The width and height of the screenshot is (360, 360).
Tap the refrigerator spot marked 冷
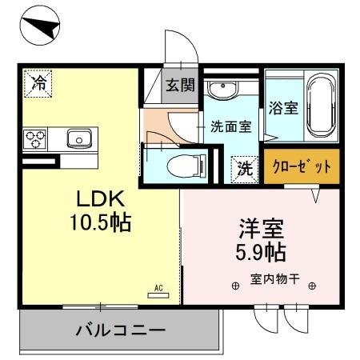pos(37,82)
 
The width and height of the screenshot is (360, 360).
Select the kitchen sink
pos(79,139)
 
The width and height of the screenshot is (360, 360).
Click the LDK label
pos(99,198)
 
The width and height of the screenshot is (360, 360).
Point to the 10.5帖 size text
pos(100,221)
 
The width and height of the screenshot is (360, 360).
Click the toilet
pos(180,166)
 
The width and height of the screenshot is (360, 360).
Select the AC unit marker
pos(158,293)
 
